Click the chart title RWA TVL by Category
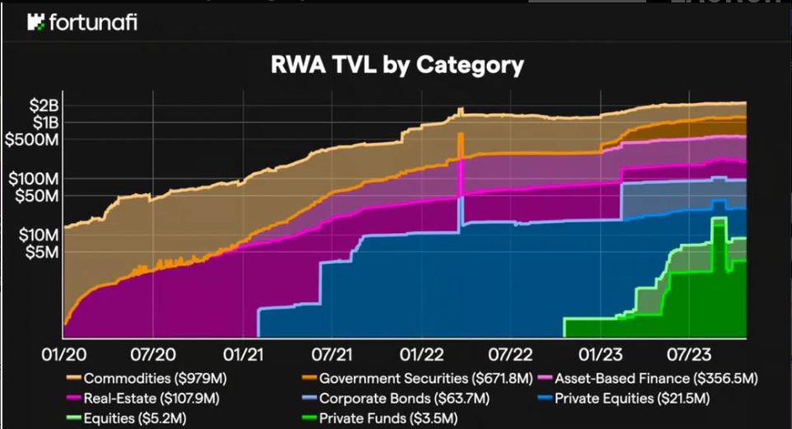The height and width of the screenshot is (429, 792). point(397,65)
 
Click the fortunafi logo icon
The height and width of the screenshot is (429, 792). point(35,22)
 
